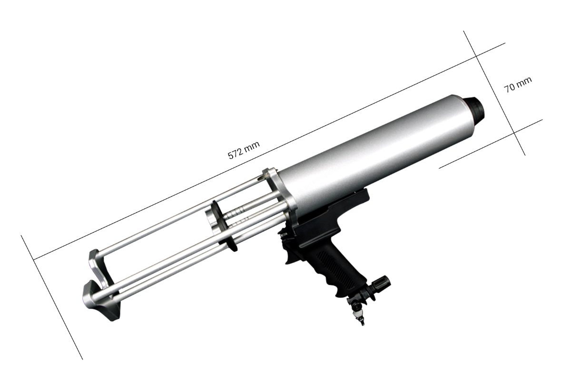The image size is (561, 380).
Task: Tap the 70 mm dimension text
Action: [x=518, y=85]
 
